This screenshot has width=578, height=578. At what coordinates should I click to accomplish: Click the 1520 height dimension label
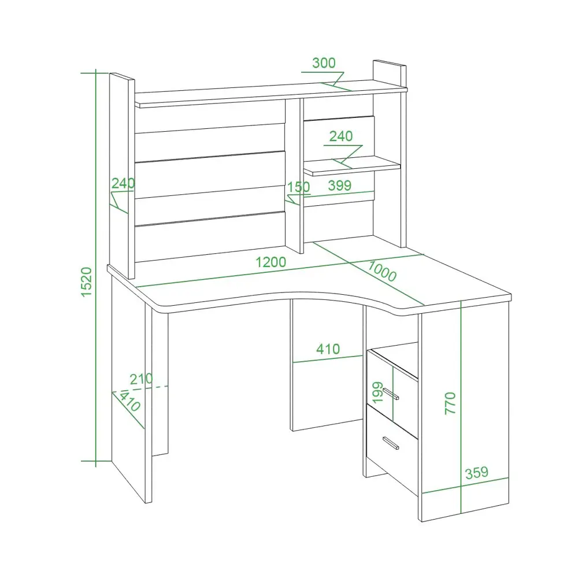(x=86, y=281)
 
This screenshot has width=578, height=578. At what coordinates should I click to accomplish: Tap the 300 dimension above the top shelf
(x=324, y=63)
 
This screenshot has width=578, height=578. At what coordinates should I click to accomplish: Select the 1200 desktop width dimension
(x=271, y=262)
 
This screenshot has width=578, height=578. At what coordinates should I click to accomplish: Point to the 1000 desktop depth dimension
(x=382, y=271)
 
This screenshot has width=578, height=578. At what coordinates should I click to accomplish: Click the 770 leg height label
(x=450, y=403)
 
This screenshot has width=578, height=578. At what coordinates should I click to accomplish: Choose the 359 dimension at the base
(x=477, y=473)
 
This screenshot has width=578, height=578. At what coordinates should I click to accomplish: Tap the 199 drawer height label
(x=377, y=392)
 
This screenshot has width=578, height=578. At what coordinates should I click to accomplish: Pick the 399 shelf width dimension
(x=339, y=186)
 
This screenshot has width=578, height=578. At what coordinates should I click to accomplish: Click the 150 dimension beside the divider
(x=299, y=187)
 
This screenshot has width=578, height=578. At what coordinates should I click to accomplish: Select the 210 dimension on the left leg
(x=141, y=379)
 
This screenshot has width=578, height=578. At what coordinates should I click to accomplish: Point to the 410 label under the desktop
(x=328, y=349)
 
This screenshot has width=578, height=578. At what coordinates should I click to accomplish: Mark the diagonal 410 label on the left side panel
(x=129, y=401)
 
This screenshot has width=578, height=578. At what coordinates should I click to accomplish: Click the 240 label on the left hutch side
(x=123, y=183)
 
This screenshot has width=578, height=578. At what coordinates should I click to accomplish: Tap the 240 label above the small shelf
(x=341, y=136)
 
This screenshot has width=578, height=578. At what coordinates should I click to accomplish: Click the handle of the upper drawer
(x=391, y=394)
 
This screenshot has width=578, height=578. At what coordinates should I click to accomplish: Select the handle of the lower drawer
(x=391, y=443)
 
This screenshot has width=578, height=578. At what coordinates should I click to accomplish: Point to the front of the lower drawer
(x=392, y=449)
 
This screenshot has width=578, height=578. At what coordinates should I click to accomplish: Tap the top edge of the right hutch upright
(x=390, y=63)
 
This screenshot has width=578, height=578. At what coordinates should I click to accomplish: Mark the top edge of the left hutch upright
(x=122, y=76)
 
